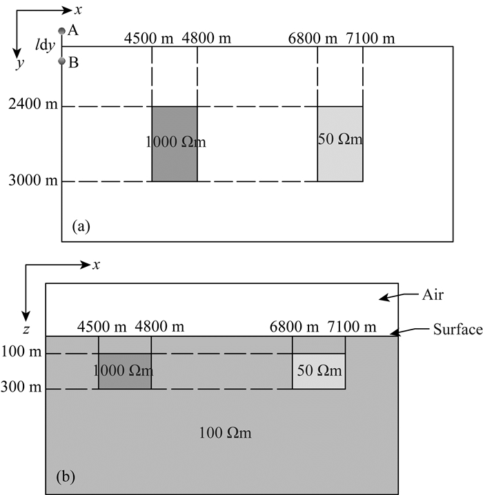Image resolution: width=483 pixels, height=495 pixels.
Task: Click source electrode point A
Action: pos(62,30)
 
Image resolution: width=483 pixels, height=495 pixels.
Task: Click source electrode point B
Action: pos(62,62)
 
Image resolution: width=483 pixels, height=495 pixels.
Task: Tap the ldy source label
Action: pos(46,46)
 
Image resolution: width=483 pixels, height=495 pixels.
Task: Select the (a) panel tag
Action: pos(81,225)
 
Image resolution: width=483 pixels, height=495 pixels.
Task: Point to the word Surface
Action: pos(457,330)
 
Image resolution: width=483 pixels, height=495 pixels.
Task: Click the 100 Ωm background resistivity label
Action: pos(225,434)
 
